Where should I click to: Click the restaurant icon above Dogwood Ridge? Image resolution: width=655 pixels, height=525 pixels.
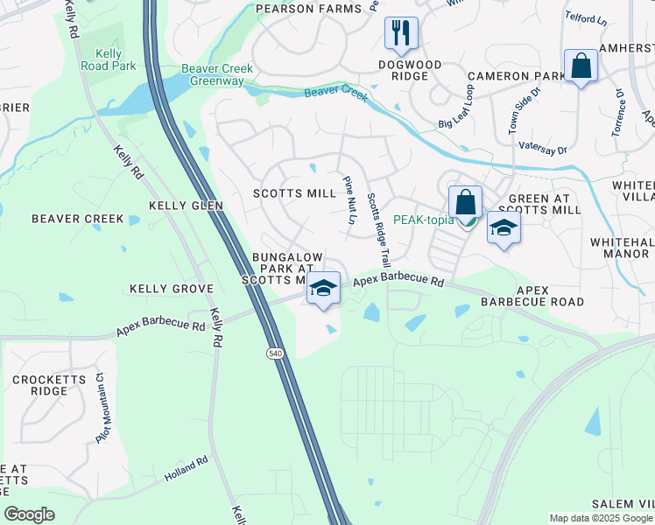[x=401, y=33]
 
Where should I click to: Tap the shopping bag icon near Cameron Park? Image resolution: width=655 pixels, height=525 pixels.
[x=581, y=66]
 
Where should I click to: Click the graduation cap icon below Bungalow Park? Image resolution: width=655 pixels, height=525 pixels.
[x=323, y=288]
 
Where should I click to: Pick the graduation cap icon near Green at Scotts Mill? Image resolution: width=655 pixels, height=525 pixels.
[x=504, y=227]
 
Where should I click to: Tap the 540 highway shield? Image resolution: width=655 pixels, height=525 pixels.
[x=274, y=352]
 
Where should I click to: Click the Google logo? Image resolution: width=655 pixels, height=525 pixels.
[x=29, y=514]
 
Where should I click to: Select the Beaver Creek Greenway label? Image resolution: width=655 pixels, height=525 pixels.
[x=217, y=75]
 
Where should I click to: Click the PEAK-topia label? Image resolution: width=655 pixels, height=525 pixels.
[x=423, y=220]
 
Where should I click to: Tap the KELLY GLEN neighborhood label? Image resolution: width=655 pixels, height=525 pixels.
[x=186, y=205]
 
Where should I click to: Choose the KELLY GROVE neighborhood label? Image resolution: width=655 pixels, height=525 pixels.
[x=172, y=288]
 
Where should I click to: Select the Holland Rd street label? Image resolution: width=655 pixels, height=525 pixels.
[x=186, y=470]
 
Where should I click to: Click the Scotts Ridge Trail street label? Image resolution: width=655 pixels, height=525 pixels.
[x=377, y=229]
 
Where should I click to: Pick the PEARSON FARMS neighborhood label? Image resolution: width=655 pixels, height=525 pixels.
[x=308, y=9]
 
